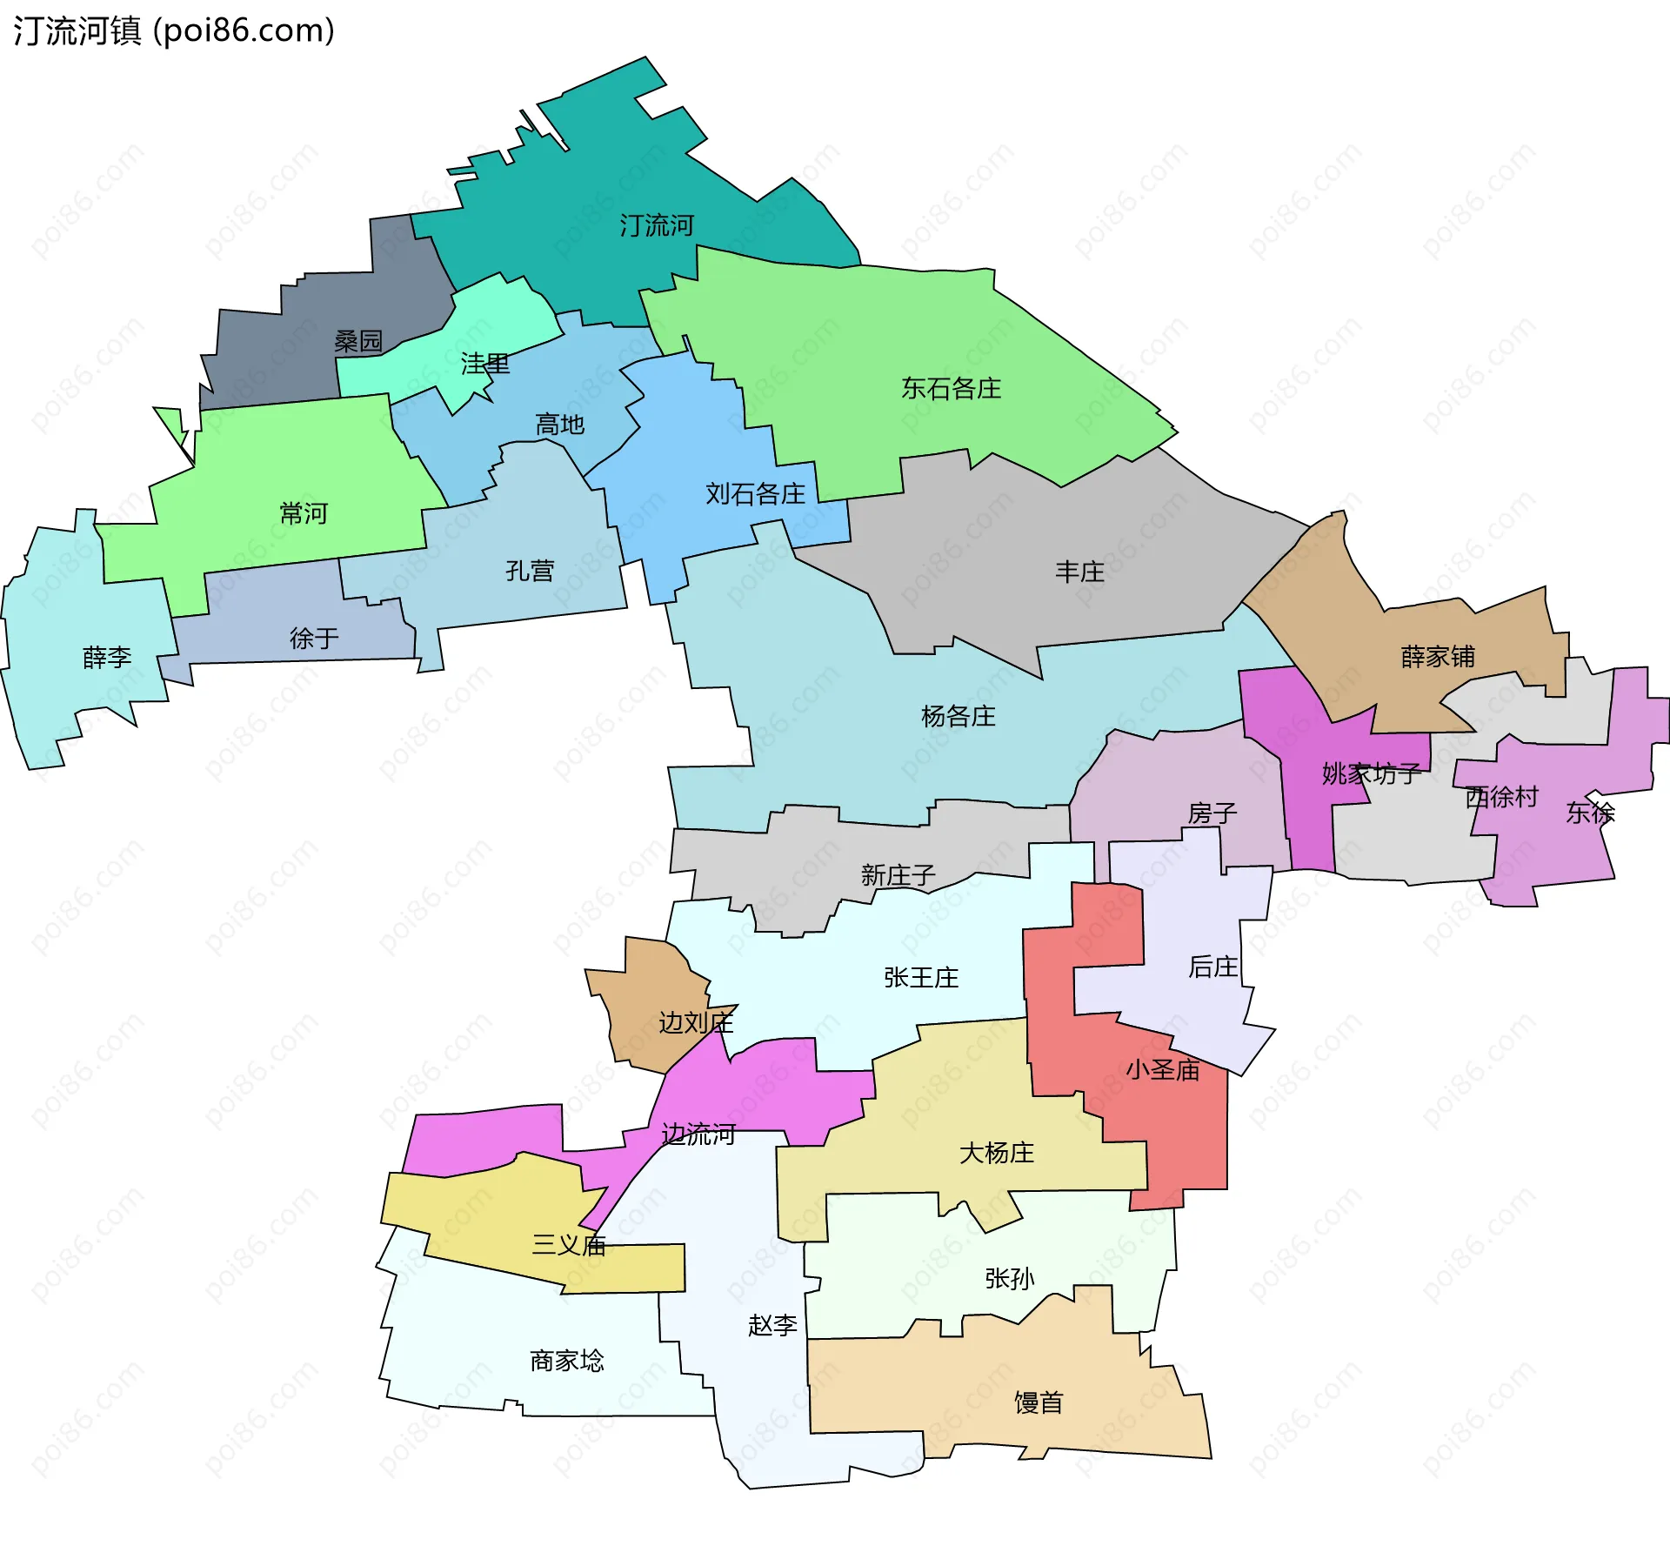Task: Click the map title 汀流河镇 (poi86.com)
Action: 174,30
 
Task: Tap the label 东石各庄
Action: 951,388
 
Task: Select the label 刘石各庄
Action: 755,494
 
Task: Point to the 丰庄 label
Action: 1079,572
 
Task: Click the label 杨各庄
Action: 958,716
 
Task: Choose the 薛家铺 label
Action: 1438,656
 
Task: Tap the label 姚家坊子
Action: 1371,773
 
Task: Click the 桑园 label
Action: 358,341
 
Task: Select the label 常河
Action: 304,513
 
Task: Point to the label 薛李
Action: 107,657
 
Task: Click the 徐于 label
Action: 314,639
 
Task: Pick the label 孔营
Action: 530,571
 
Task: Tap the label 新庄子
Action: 898,874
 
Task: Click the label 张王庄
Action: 921,977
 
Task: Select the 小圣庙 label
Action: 1162,1069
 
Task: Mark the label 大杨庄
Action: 996,1153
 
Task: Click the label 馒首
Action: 1039,1402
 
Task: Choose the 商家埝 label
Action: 566,1360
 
